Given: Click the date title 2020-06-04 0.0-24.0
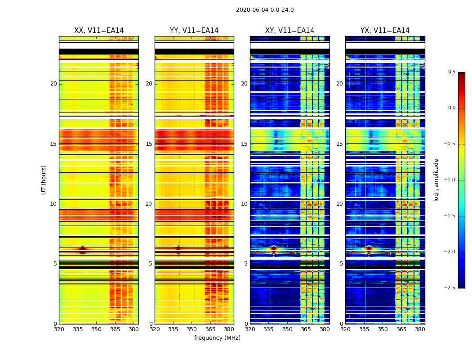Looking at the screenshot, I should (x=265, y=10).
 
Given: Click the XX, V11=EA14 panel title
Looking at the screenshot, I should (x=99, y=31).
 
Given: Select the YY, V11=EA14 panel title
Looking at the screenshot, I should (x=194, y=31).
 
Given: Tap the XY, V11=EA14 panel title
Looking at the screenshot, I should (x=289, y=31).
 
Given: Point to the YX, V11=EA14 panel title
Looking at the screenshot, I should (x=385, y=31).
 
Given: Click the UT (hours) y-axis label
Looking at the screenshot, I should (x=44, y=180).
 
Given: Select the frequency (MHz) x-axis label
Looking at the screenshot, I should (x=217, y=338).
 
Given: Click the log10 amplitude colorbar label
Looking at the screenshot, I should (x=436, y=180).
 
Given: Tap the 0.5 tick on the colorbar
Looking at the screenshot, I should (x=452, y=72).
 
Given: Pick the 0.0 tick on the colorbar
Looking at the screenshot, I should (x=452, y=108).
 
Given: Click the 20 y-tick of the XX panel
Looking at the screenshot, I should (x=53, y=84).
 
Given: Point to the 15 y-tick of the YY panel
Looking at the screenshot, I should (x=149, y=144).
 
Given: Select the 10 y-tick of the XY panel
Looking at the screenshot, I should (x=244, y=204).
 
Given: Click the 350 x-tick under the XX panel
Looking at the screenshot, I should (x=96, y=329).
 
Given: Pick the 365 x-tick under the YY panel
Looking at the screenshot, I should (x=210, y=329).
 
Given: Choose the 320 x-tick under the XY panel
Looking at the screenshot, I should (x=250, y=329).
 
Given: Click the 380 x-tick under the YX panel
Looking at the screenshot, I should (x=420, y=329).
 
